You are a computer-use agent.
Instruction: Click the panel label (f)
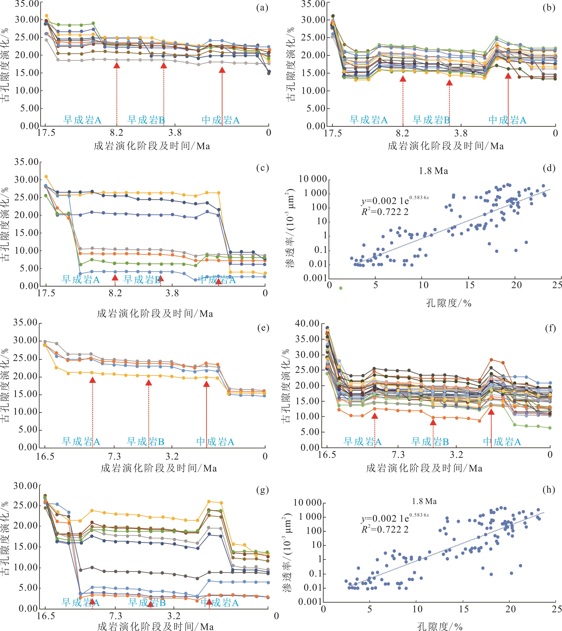click(x=551, y=328)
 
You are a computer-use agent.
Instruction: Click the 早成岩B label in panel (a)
click(x=146, y=120)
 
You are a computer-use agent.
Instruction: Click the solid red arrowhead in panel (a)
click(x=222, y=70)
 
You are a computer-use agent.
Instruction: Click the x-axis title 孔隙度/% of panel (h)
click(x=440, y=626)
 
